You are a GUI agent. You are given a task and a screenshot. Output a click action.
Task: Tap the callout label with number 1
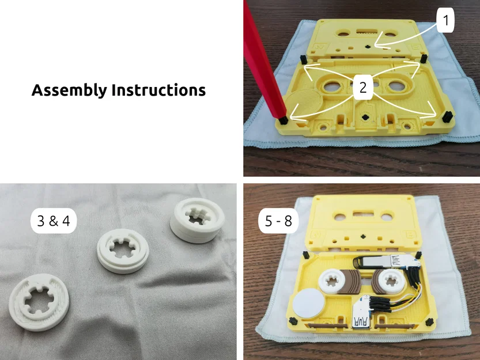tap(444, 21)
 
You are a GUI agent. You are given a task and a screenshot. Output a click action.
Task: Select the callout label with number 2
tap(362, 88)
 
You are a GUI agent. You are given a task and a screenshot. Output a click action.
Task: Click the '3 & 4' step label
tap(53, 222)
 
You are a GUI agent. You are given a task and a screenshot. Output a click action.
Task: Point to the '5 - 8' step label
tap(278, 222)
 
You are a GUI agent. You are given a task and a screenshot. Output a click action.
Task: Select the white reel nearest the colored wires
tap(392, 282)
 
